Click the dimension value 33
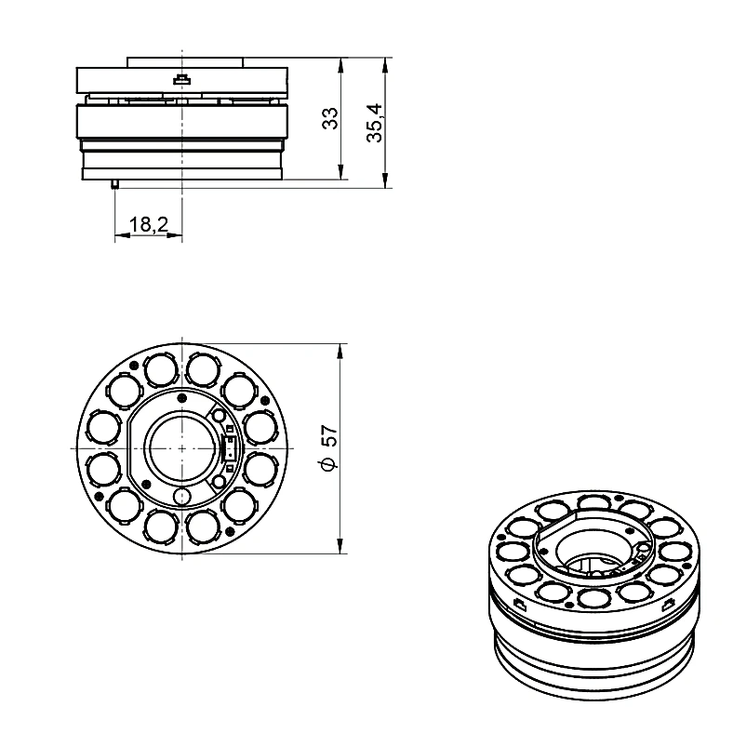330,118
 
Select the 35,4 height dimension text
375,123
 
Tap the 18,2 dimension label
149,224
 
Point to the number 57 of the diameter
330,435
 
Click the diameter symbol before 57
329,464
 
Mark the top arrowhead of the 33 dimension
340,64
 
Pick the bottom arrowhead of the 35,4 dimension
385,180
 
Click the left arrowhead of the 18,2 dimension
122,235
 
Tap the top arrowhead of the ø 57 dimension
340,351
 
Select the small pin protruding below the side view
114,184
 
